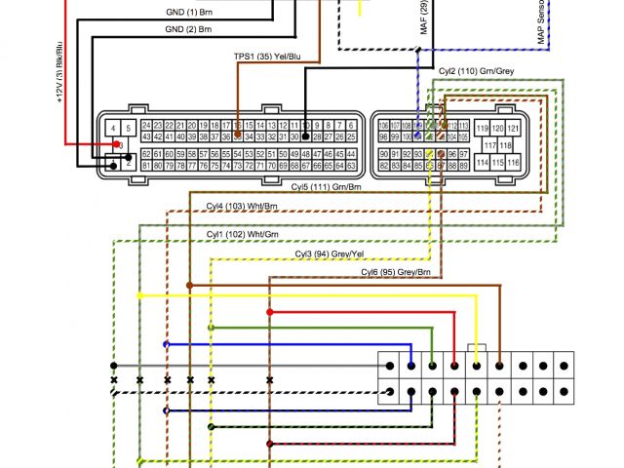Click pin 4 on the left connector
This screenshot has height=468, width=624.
pyautogui.click(x=114, y=128)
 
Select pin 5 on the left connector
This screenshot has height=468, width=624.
pyautogui.click(x=129, y=128)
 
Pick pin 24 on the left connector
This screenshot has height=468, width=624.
pyautogui.click(x=146, y=126)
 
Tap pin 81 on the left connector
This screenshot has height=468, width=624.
pyautogui.click(x=146, y=166)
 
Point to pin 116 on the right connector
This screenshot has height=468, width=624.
pyautogui.click(x=515, y=163)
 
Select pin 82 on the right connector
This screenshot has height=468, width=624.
pyautogui.click(x=383, y=167)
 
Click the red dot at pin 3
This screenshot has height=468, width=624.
pyautogui.click(x=119, y=144)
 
